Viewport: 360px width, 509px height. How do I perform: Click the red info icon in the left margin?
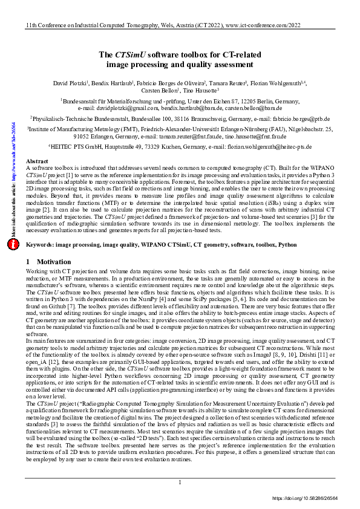13,244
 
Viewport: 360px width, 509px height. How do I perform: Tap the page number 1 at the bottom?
180,482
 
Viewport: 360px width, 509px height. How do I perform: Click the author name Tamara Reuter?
228,83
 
